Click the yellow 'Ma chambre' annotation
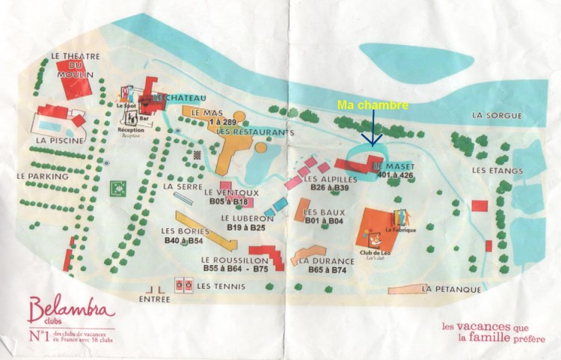point(373,106)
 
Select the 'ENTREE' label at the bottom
point(155,298)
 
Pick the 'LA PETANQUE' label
point(450,289)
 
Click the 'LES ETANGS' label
point(496,171)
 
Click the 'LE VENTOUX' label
point(231,192)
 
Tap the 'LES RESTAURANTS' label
point(251,132)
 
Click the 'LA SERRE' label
point(178,186)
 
